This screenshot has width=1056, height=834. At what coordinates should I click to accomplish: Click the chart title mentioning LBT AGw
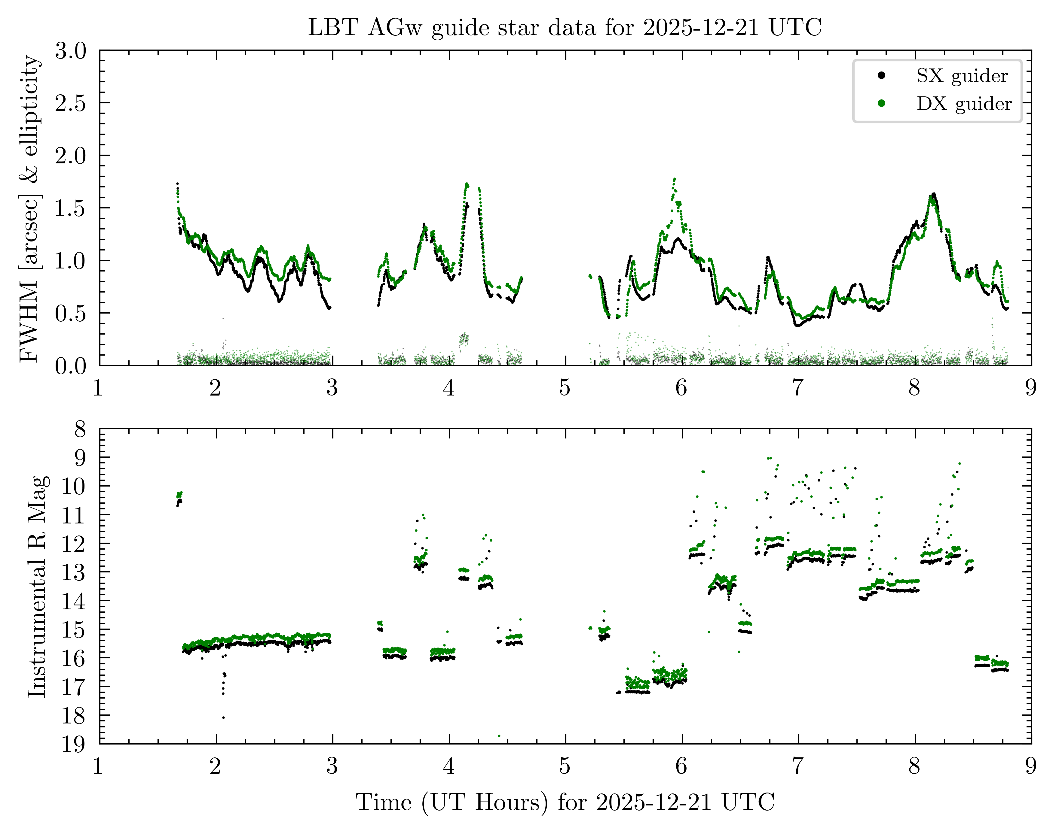coord(565,27)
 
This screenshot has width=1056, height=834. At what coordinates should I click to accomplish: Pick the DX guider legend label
coord(964,104)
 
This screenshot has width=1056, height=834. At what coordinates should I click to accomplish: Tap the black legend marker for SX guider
coord(882,75)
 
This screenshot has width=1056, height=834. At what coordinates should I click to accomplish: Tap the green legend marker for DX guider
coord(882,103)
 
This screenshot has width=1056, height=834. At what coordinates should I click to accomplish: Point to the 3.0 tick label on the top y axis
coord(71,51)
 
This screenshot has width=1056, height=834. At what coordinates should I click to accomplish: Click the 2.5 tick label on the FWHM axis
coord(71,103)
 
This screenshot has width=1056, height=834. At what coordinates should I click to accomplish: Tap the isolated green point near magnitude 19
coord(499,736)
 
